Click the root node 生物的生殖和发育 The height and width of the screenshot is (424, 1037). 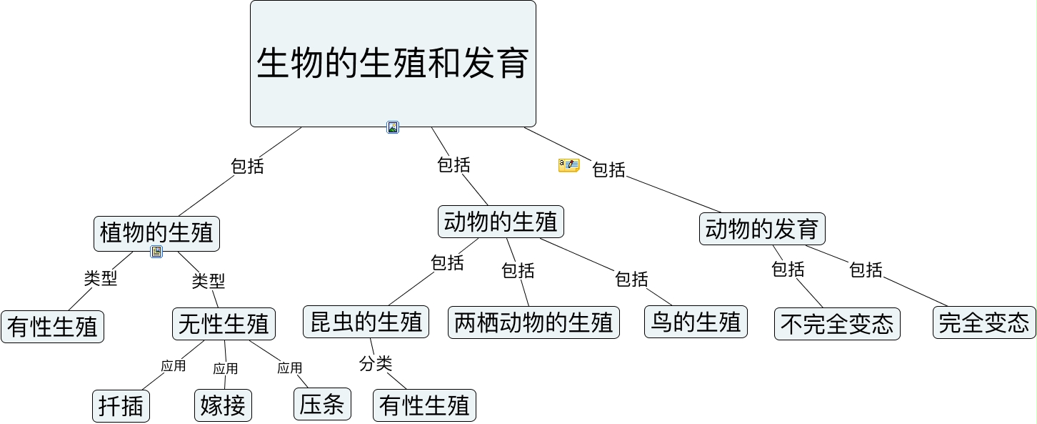click(393, 64)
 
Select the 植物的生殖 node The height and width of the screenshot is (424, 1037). click(156, 233)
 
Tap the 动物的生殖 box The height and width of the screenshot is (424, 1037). click(501, 222)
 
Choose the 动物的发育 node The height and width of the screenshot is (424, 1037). click(762, 229)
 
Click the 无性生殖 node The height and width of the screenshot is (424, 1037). click(224, 324)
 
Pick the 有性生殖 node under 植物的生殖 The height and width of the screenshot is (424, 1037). click(52, 327)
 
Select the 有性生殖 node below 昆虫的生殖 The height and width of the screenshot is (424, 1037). click(424, 405)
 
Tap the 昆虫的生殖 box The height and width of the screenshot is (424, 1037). click(366, 322)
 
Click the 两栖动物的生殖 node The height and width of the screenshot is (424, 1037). click(533, 322)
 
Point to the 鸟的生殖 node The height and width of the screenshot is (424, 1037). click(696, 322)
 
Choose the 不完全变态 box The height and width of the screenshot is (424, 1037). click(837, 324)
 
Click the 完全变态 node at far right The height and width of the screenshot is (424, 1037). click(984, 322)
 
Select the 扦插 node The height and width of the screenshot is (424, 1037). click(121, 406)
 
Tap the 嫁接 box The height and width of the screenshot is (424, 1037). click(224, 405)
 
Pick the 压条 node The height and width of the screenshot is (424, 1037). click(322, 404)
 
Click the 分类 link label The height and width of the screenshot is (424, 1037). click(376, 363)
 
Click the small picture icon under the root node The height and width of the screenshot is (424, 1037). click(393, 127)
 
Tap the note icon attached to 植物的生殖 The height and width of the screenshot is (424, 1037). click(156, 252)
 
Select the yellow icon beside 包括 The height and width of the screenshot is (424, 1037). click(568, 165)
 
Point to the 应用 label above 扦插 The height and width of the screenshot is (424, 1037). click(174, 366)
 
